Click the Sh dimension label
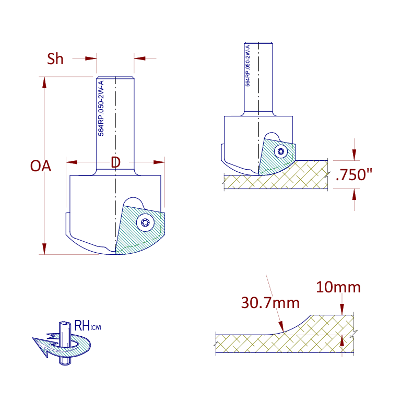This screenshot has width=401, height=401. pos(55,59)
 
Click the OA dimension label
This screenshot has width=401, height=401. pos(40,166)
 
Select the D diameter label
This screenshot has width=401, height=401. pos(115,162)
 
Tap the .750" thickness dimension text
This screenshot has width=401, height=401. pos(353,175)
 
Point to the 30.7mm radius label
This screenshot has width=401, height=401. pos(270,303)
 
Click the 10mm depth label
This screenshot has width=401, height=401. pos(338,287)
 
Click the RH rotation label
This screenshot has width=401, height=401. pos(82,326)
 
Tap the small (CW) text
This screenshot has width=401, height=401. pos(96,327)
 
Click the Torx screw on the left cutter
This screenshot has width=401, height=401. pos(145,222)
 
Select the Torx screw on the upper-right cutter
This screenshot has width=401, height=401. pos(281,151)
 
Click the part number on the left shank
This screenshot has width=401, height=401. pos(101,108)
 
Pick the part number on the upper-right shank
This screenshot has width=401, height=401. pos(247,66)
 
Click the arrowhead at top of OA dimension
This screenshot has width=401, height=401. pos(44,82)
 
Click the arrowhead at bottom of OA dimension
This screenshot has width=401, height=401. pos(44,249)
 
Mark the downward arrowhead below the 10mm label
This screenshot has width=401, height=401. pos(342,310)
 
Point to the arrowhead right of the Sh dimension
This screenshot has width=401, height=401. pos(139,58)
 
